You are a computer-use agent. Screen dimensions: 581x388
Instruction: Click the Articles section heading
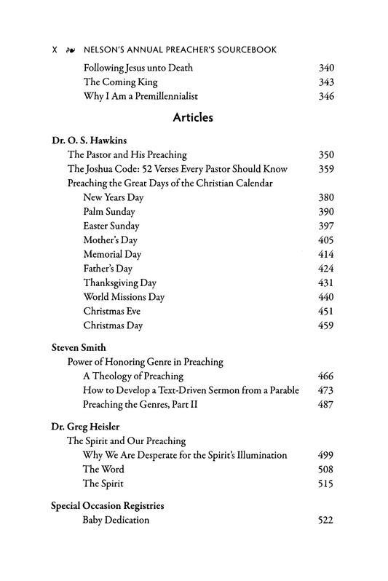[x=193, y=118]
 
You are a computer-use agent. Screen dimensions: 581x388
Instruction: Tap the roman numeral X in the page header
[x=55, y=50]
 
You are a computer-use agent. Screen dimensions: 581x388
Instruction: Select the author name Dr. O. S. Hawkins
[x=87, y=140]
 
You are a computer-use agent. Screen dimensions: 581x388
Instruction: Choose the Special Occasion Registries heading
[x=107, y=505]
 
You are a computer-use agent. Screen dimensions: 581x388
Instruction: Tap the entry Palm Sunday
[x=109, y=211]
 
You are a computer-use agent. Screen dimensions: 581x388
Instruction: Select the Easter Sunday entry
[x=111, y=226]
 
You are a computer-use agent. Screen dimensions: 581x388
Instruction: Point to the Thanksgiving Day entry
[x=119, y=282]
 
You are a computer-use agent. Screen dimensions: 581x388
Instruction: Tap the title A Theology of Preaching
[x=132, y=376]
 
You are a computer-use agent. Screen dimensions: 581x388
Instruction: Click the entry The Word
[x=103, y=470]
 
